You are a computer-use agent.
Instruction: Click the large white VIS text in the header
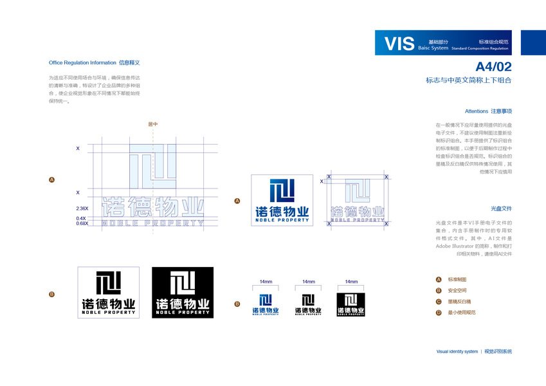coord(399,44)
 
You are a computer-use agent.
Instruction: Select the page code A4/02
coord(493,67)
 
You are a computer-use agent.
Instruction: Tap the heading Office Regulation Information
coord(82,63)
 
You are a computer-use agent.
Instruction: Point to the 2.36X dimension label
coord(82,208)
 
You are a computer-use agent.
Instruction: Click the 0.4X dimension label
coord(82,218)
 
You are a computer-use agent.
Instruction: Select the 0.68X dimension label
coord(82,223)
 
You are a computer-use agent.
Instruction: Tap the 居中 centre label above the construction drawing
coord(152,124)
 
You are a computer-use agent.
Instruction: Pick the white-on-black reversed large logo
coord(183,292)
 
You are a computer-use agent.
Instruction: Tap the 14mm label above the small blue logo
coord(266,282)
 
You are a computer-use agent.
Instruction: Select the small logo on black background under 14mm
coord(351,304)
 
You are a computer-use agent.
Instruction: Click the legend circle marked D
coord(439,312)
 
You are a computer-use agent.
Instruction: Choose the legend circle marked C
coord(439,301)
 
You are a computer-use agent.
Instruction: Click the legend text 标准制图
coord(457,280)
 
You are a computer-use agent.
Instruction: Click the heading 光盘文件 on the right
coord(501,208)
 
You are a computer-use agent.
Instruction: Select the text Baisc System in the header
coord(433,48)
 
